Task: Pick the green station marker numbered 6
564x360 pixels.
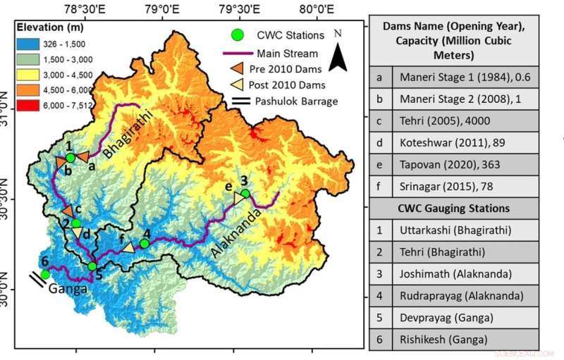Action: click(45, 274)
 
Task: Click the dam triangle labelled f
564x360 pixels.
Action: click(129, 247)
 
